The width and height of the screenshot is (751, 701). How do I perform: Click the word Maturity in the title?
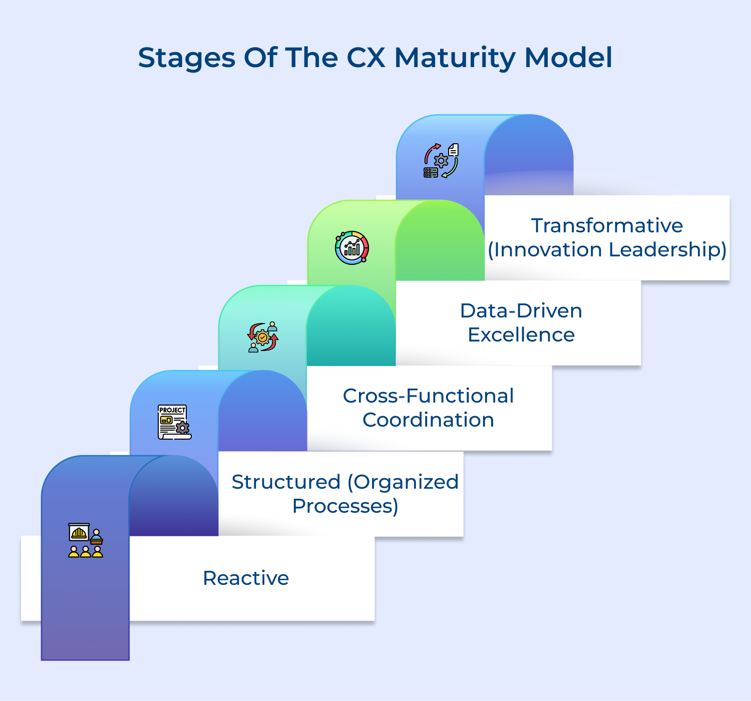coord(455,58)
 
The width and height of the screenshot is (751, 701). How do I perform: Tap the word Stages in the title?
coord(186,58)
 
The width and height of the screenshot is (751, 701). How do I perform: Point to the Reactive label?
coord(246,578)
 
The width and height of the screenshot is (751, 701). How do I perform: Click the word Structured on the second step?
coord(286,482)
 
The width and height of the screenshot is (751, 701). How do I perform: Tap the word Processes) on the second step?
coord(345,506)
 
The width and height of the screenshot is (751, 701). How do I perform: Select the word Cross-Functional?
coord(428,396)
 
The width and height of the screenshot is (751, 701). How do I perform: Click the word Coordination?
coord(428,420)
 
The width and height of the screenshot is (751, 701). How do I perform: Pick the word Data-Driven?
coord(521,310)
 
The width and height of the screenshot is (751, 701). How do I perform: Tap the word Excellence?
coord(521,334)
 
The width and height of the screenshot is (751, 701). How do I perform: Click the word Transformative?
coord(607,225)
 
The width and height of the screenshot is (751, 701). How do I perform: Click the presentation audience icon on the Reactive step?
coord(86,540)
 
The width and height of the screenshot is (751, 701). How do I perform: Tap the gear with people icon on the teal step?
coord(263,337)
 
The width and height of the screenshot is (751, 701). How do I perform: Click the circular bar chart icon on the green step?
coord(352,247)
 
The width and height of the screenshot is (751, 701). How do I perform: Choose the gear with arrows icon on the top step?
coord(441,161)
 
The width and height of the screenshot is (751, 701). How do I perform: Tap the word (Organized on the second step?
coord(403,482)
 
